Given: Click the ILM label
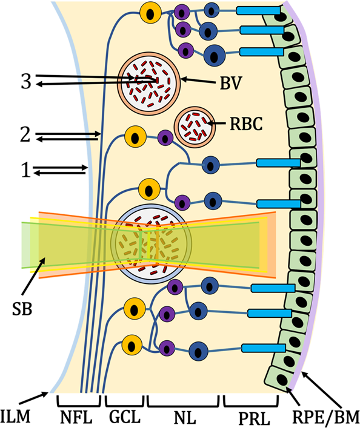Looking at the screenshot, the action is coord(15,417).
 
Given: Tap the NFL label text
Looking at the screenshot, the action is coord(76,417).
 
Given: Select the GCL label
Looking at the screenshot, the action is coord(125,417).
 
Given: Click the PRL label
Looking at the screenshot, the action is coord(254,418).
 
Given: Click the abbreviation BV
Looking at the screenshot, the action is coord(232,83).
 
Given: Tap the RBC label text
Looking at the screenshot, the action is coord(246,123).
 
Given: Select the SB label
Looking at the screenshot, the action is coord(22,309).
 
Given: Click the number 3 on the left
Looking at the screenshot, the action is coord(26,81).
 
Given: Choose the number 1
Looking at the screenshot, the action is coord(26,170).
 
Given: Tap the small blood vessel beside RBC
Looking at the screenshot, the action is coord(195,127).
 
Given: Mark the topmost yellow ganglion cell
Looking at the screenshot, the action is coord(150,13).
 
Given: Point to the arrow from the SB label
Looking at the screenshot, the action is coord(33,276).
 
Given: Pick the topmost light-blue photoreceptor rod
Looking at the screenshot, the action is coord(258,11).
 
